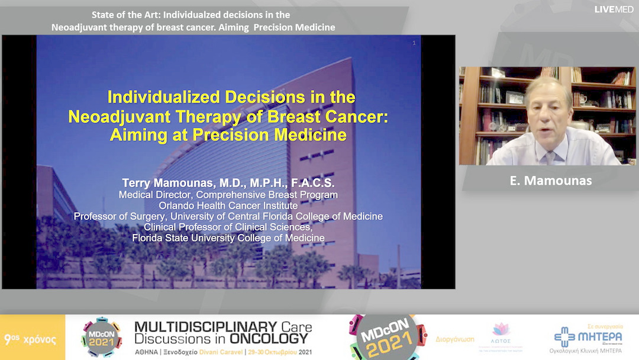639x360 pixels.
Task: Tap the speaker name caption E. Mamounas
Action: pos(550,181)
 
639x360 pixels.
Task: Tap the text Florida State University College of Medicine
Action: pos(228,237)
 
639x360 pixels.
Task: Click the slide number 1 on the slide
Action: pos(414,43)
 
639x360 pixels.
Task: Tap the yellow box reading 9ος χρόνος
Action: pos(32,339)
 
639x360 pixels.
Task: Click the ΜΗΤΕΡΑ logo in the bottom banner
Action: pos(588,336)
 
